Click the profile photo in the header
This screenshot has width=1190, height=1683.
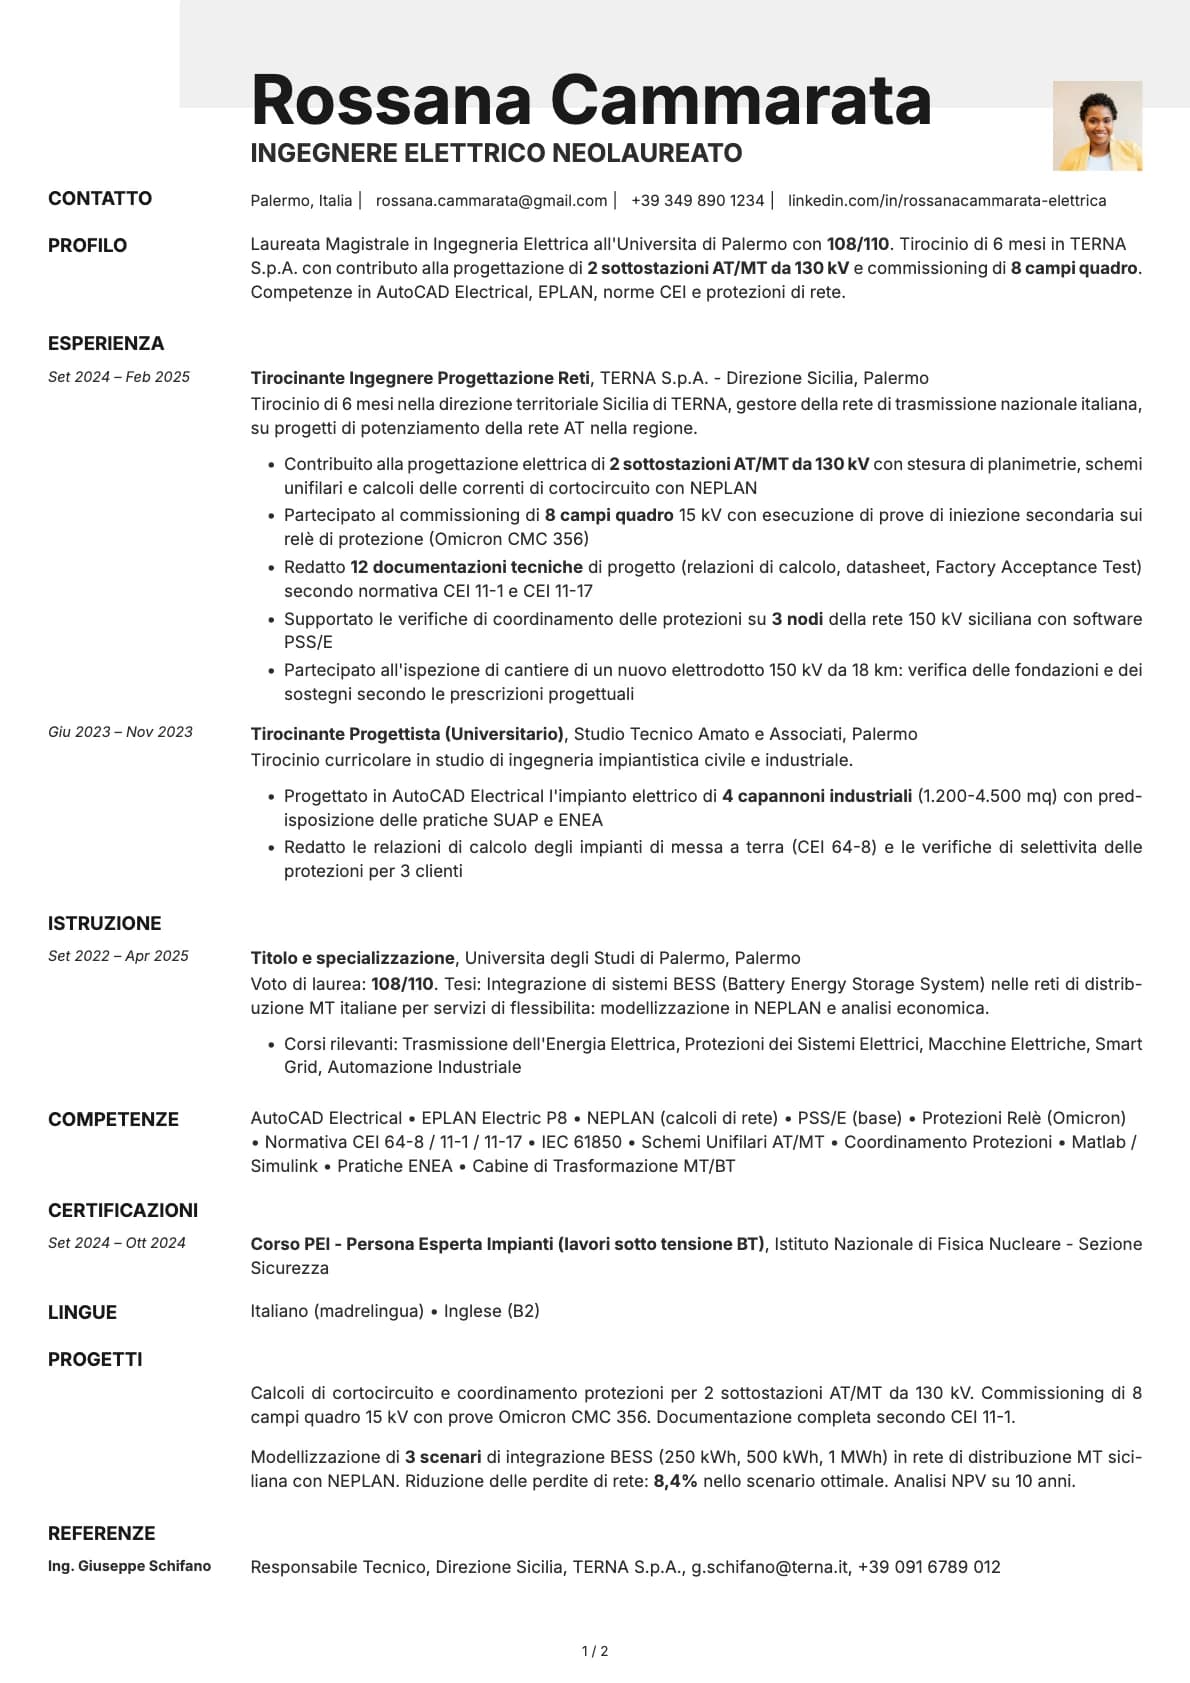point(1097,126)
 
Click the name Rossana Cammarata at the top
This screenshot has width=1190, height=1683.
point(590,100)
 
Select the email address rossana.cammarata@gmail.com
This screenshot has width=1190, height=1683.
point(491,201)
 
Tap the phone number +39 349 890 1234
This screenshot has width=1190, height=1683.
point(697,201)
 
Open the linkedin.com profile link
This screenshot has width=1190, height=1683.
point(946,201)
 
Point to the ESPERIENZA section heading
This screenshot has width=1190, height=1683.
point(106,343)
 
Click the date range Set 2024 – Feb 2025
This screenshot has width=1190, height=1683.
point(119,377)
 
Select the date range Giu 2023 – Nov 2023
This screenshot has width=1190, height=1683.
point(120,732)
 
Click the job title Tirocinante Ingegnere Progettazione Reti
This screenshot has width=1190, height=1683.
point(420,378)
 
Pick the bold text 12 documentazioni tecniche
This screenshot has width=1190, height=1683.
point(466,567)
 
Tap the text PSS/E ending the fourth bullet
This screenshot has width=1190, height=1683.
point(308,642)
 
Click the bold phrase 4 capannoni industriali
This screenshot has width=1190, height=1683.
point(816,796)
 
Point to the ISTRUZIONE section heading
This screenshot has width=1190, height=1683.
point(105,923)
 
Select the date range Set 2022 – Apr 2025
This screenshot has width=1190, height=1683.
point(118,956)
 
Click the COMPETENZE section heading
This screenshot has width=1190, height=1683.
point(113,1119)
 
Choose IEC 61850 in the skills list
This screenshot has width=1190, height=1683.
point(581,1142)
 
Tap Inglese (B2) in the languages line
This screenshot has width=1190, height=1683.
point(491,1311)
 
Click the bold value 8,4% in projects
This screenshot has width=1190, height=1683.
point(675,1481)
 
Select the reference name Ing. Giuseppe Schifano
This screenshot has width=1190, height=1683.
point(129,1566)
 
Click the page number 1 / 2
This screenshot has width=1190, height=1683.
point(595,1651)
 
